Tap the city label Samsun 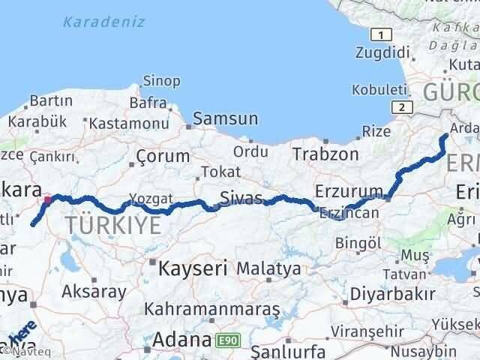tap(225, 118)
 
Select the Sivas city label tap(241, 199)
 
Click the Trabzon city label tap(325, 154)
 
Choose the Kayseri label tap(188, 267)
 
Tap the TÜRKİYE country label tap(112, 224)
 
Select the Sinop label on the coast tap(161, 81)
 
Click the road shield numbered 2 tap(404, 107)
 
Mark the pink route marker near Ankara tap(48, 200)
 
